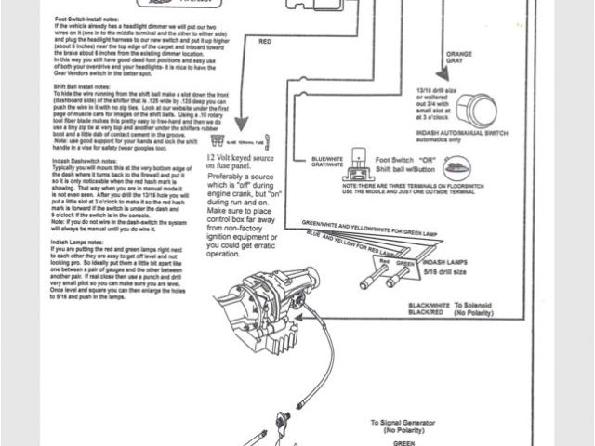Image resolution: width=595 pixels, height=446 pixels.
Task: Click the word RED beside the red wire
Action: coord(265,41)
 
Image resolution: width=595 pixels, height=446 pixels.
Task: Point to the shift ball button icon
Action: coord(456,169)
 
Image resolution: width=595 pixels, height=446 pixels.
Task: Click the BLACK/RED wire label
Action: coord(427,314)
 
